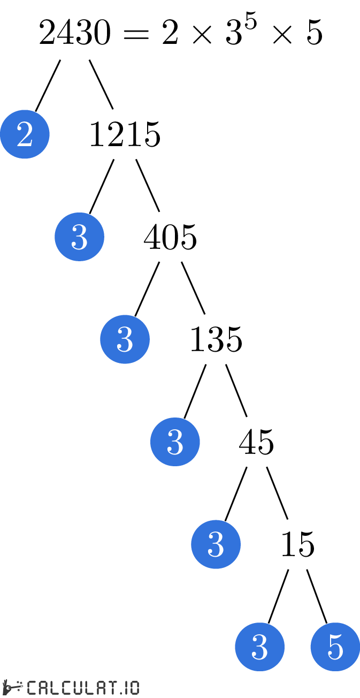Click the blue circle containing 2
pos(25,134)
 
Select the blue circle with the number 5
pos(335,647)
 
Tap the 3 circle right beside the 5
pos(259,647)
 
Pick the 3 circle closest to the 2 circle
pos(79,237)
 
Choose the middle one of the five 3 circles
pos(175,442)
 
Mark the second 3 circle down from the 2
pos(125,339)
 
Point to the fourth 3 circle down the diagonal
pos(216,544)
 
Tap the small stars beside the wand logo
pos(20,685)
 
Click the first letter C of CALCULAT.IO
pos(32,688)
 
